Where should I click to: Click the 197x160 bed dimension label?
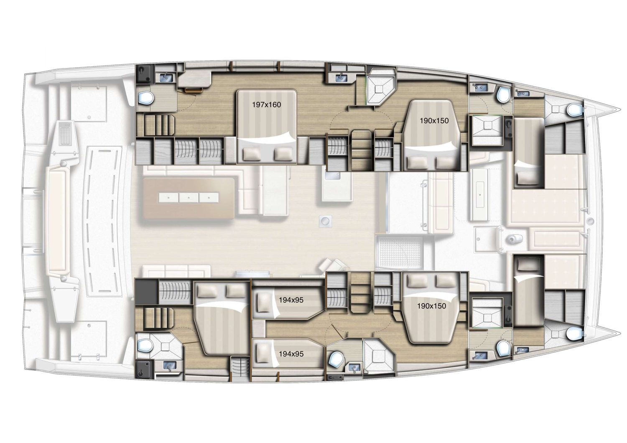coord(266,104)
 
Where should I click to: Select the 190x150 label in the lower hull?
coord(431,306)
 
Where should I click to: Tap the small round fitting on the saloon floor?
coord(324,220)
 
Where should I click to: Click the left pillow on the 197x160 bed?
coord(253,155)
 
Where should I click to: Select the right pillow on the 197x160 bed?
coord(283,155)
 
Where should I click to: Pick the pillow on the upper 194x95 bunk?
coord(264,300)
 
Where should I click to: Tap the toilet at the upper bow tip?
coord(574,110)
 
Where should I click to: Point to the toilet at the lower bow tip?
coord(574,333)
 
